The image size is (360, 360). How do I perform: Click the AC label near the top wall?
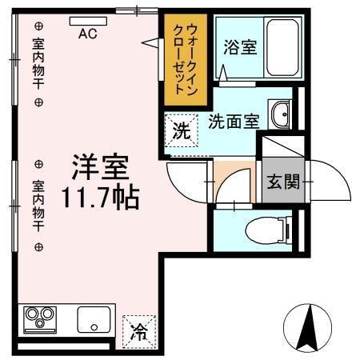coord(89,34)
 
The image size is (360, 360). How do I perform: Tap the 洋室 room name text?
coord(101,168)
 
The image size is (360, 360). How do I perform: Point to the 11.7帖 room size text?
coord(101,196)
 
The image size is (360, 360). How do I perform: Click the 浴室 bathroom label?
coord(240,47)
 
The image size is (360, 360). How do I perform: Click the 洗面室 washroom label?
coord(233,122)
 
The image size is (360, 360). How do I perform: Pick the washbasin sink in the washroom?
coord(281,114)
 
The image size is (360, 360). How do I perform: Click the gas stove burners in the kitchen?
coord(39,319)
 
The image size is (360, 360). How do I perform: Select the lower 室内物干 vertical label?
coord(38,204)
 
